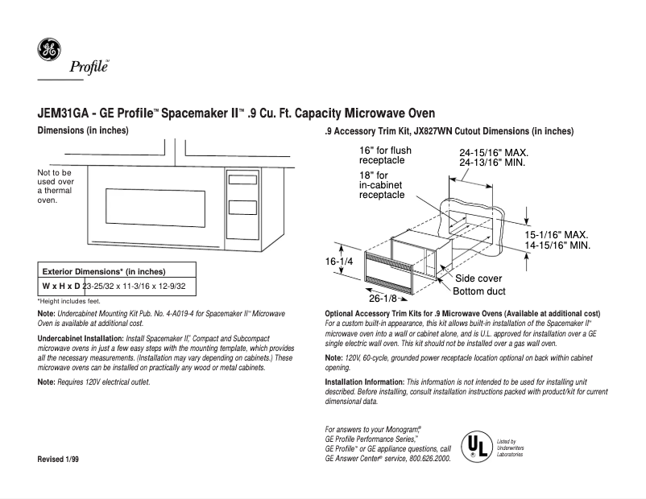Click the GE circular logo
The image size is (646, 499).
point(48,51)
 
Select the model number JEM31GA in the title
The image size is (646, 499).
point(63,114)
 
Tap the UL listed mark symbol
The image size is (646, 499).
point(473,445)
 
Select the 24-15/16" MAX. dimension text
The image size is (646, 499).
point(493,152)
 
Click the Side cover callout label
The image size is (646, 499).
point(478,278)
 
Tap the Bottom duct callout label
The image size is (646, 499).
point(479,291)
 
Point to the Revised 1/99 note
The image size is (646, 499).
point(60,459)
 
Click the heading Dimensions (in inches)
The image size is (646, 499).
point(83,130)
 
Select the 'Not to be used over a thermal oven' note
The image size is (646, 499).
point(56,187)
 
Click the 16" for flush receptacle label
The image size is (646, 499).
point(385,155)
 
